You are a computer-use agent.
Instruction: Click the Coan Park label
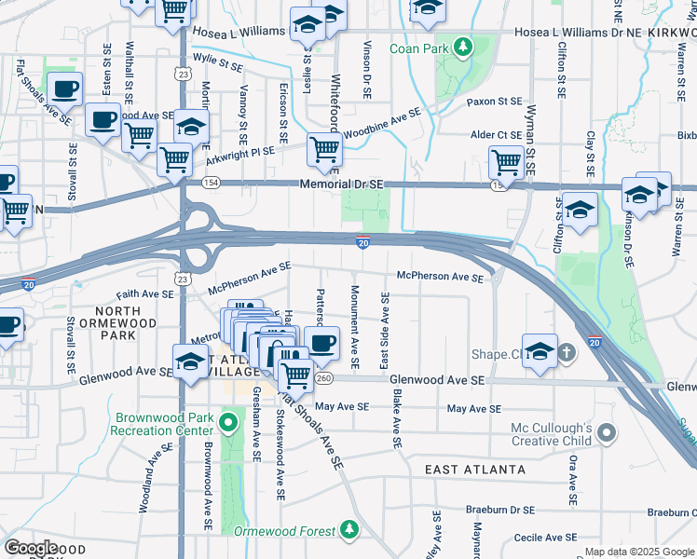418,48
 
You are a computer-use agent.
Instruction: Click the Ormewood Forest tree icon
349,530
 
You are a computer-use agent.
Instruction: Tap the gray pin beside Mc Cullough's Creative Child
608,432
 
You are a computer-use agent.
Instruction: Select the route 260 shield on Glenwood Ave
324,379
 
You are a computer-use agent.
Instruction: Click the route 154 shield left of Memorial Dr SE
212,184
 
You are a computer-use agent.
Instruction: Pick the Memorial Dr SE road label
342,184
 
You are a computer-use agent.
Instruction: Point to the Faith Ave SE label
145,293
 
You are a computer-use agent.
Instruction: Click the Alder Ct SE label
497,135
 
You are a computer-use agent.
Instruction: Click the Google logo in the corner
32,547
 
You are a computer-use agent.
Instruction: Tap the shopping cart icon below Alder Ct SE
506,163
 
